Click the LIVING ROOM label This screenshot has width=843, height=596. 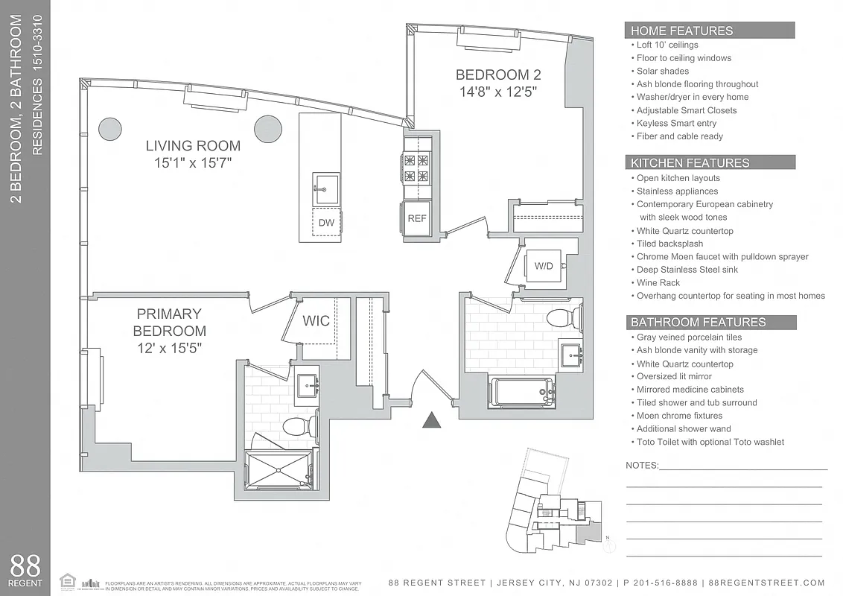193,146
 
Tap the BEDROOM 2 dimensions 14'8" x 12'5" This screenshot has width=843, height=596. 497,92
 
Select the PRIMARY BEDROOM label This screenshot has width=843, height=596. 169,322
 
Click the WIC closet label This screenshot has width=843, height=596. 316,321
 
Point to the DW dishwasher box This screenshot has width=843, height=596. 326,222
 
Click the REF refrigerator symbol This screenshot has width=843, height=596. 416,219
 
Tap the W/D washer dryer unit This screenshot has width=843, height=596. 544,266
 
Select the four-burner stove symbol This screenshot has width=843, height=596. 417,168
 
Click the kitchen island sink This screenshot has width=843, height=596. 326,188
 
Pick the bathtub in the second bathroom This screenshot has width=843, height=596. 521,390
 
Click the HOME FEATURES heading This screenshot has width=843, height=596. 682,31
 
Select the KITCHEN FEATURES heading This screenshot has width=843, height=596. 690,162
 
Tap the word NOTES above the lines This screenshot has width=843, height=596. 642,466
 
